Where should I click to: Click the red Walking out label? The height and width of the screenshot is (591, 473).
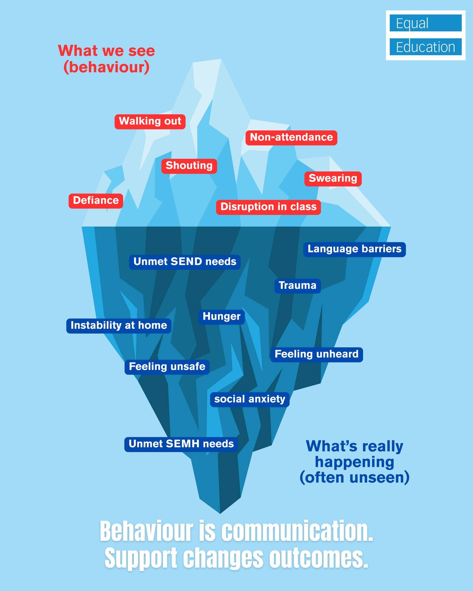click(150, 121)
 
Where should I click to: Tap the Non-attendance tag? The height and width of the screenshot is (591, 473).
click(291, 137)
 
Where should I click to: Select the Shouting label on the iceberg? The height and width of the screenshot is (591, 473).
click(189, 166)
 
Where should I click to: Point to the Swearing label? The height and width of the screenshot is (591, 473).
click(333, 179)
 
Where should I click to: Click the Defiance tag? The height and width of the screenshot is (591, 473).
click(96, 201)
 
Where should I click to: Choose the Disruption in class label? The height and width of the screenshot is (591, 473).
click(268, 207)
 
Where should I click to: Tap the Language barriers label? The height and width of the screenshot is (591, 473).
click(354, 249)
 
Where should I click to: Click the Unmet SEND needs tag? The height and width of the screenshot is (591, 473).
click(185, 262)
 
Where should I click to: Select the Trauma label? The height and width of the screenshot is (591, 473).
click(297, 286)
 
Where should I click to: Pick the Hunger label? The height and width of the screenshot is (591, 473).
click(221, 317)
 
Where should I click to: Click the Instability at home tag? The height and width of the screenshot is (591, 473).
click(119, 326)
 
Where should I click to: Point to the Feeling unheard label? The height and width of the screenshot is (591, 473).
click(316, 354)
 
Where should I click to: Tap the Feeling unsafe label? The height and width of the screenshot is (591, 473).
click(167, 367)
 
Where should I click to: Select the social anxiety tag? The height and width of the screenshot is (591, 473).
click(249, 399)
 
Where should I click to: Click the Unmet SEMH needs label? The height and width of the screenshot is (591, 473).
click(181, 444)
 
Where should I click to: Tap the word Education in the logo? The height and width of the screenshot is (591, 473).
click(425, 47)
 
